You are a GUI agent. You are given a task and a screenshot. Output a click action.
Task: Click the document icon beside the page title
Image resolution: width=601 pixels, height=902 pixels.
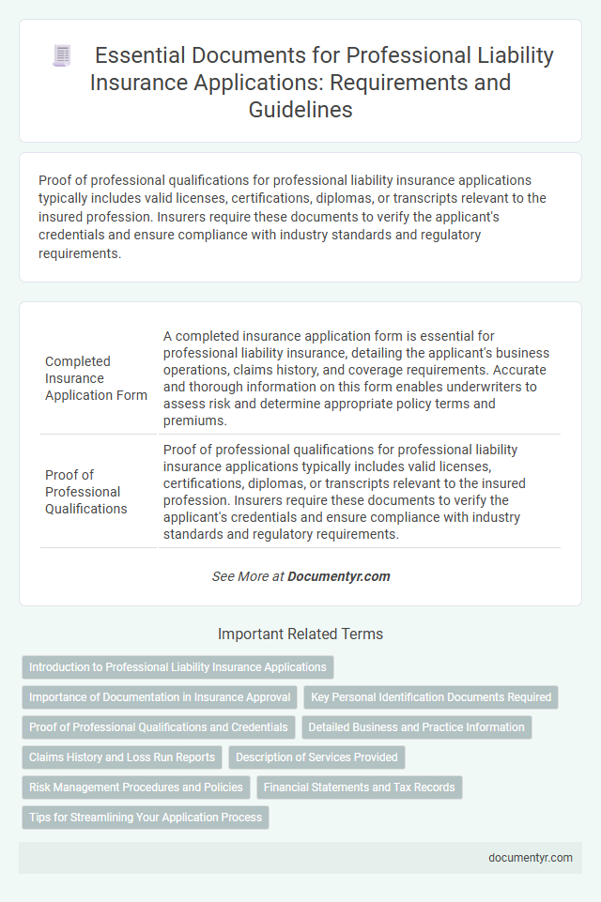[62, 56]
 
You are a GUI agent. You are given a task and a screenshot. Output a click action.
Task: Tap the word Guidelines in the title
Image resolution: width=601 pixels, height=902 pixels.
[300, 109]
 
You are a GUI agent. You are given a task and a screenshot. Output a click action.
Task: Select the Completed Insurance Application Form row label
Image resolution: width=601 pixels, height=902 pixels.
[96, 378]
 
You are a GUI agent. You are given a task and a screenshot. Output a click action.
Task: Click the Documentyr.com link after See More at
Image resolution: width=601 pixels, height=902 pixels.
[339, 576]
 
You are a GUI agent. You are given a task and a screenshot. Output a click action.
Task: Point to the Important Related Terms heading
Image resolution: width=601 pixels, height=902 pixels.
[300, 634]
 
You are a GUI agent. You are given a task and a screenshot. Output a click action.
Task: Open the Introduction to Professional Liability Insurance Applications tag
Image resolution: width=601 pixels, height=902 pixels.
[177, 667]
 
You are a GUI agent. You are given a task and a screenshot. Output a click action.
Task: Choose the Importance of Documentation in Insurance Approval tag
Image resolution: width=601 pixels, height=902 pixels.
[160, 697]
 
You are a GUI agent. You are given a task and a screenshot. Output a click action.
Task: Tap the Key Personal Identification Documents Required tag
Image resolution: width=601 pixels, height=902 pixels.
[431, 697]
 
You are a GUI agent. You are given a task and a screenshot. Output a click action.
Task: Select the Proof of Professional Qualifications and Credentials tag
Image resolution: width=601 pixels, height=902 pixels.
[159, 727]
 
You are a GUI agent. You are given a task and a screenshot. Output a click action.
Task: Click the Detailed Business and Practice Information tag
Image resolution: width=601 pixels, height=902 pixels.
[416, 727]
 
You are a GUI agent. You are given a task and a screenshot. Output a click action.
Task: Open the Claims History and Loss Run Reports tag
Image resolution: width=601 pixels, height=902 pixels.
[122, 757]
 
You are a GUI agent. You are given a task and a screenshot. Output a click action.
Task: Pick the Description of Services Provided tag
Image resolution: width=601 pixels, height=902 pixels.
[316, 757]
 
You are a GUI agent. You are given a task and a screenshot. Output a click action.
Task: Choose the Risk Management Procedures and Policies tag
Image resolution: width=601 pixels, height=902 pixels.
[136, 787]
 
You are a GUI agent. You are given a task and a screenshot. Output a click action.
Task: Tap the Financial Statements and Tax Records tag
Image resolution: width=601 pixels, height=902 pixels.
[360, 787]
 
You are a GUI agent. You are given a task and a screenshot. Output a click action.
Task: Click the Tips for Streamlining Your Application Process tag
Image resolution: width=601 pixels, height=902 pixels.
[146, 818]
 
